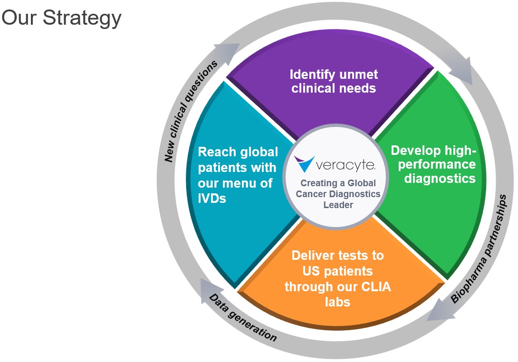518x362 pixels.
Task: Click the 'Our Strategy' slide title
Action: pos(62,18)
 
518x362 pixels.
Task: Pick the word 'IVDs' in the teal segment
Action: pos(212,198)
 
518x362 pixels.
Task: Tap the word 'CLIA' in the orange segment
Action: pos(371,287)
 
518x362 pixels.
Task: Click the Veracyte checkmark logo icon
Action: pos(305,163)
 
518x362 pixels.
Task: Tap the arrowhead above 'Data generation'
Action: pos(208,287)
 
